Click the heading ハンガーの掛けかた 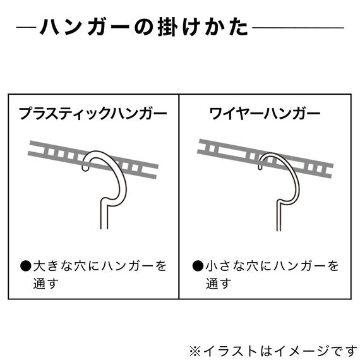click(144, 27)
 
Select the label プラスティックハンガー click(93, 113)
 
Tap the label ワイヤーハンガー click(265, 113)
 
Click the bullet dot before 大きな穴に click(25, 266)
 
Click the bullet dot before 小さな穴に click(198, 266)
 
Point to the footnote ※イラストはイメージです click(273, 351)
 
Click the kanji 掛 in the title click(167, 27)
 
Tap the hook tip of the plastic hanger click(85, 169)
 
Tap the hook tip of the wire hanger click(260, 168)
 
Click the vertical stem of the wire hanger click(279, 216)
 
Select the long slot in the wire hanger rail click(232, 152)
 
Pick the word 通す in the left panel click(45, 284)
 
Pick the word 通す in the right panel click(217, 284)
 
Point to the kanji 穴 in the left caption click(80, 266)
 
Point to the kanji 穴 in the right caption click(253, 266)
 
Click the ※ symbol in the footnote click(195, 352)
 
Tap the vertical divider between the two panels click(179, 196)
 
